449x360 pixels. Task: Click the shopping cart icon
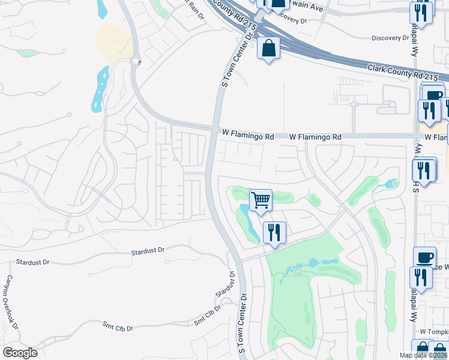(261, 199)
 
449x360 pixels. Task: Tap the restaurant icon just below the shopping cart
(274, 232)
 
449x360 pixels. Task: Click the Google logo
(20, 353)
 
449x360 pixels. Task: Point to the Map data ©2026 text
(422, 355)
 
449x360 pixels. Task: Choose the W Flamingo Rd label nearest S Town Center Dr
(247, 137)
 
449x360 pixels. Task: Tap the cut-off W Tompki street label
(433, 332)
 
